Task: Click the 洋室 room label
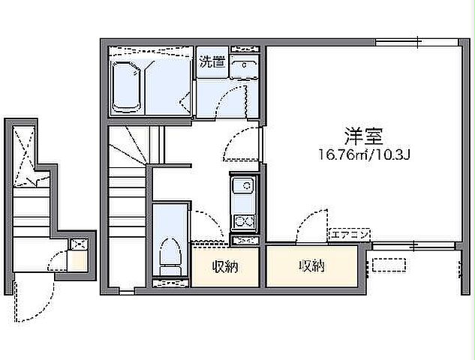(x=364, y=136)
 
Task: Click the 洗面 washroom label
(x=212, y=63)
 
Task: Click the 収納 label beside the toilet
(x=224, y=265)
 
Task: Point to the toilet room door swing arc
(x=203, y=225)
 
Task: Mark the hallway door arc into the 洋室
(x=245, y=142)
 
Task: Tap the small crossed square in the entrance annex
(x=77, y=243)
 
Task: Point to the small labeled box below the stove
(x=244, y=241)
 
